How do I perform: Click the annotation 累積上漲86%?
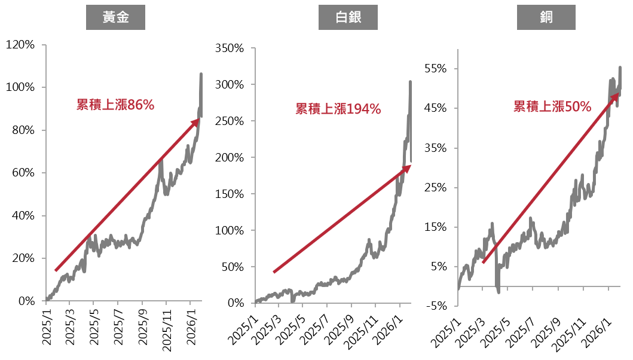(115, 105)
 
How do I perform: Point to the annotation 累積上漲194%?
(338, 109)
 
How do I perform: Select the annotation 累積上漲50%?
(552, 107)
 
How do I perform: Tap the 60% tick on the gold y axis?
(23, 173)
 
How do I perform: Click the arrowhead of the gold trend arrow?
(196, 121)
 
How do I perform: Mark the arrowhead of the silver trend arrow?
(408, 168)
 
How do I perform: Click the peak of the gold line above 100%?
(201, 74)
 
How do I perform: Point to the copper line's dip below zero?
(498, 291)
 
